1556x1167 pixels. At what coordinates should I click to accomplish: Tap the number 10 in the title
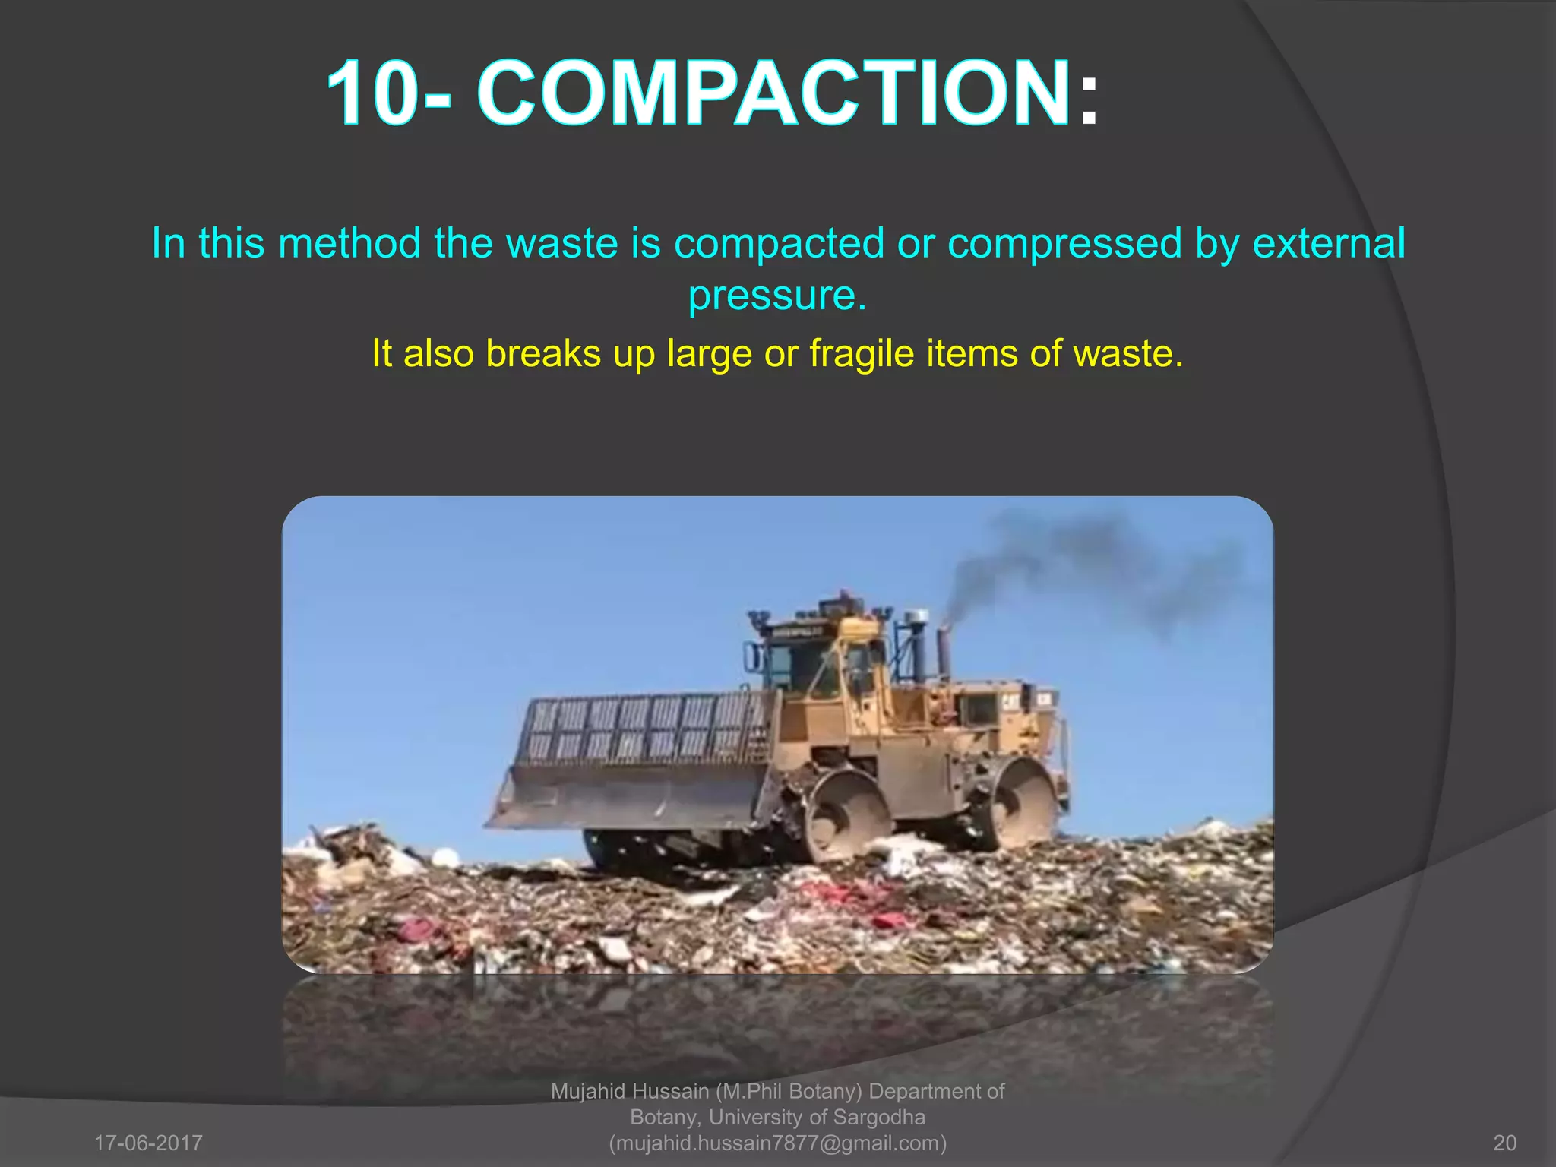[372, 94]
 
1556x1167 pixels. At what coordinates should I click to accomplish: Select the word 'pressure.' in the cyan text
[777, 296]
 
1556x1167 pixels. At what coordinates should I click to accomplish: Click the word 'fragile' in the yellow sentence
[862, 354]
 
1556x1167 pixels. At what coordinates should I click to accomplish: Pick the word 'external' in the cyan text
[1328, 245]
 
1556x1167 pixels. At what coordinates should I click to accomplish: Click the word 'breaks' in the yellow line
[543, 354]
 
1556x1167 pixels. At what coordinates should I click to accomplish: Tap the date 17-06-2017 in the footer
[148, 1143]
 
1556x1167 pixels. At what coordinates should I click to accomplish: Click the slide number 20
[1504, 1143]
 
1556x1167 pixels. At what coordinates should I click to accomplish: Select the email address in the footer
[778, 1143]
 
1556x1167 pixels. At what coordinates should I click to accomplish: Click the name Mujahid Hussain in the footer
[629, 1092]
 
